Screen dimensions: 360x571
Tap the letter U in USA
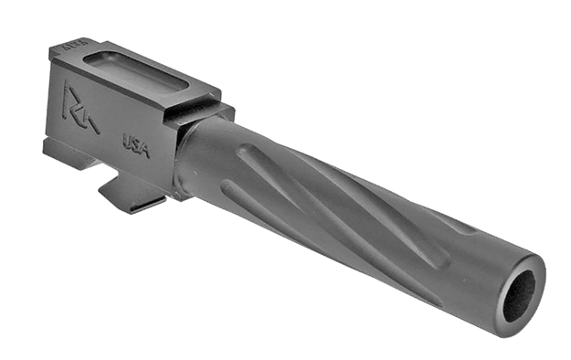pyautogui.click(x=127, y=139)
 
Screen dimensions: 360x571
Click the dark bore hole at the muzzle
pyautogui.click(x=519, y=294)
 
